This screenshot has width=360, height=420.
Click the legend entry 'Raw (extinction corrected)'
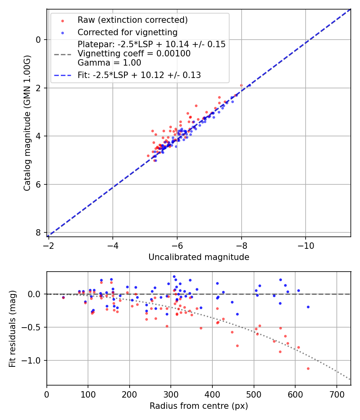pyautogui.click(x=132, y=20)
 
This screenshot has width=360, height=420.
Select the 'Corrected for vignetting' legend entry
pyautogui.click(x=127, y=32)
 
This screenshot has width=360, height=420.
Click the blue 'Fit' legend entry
pyautogui.click(x=139, y=75)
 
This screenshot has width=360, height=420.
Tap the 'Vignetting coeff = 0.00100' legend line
pyautogui.click(x=134, y=54)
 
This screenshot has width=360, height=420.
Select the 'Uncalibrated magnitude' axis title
pyautogui.click(x=199, y=257)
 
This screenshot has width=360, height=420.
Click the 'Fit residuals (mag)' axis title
pyautogui.click(x=12, y=328)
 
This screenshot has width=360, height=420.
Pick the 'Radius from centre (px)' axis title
pyautogui.click(x=199, y=406)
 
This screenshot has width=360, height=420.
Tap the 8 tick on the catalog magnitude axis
pyautogui.click(x=38, y=233)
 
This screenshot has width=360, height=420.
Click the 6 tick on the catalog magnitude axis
pyautogui.click(x=38, y=184)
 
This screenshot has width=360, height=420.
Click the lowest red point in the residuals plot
pyautogui.click(x=308, y=368)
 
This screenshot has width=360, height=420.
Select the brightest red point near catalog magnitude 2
pyautogui.click(x=241, y=85)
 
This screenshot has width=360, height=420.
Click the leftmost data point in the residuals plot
pyautogui.click(x=63, y=297)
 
